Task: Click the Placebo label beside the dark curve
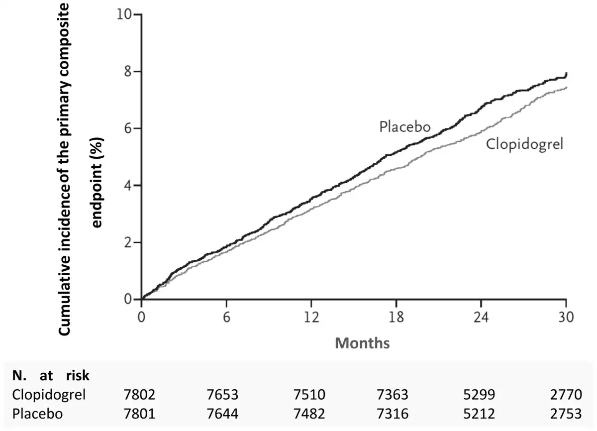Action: [405, 127]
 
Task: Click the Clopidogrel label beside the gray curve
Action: [524, 145]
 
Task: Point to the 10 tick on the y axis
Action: [124, 14]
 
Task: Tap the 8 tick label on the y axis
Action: [128, 72]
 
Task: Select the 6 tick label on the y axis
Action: [128, 128]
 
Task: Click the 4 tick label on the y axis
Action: [128, 186]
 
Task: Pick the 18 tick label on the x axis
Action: [397, 318]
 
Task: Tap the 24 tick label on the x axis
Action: [481, 318]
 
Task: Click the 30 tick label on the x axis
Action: [566, 318]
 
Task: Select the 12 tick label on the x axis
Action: [311, 318]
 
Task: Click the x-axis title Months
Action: [362, 343]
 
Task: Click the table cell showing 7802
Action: [139, 395]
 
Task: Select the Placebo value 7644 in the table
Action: [222, 414]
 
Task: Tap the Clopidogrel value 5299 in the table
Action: [479, 395]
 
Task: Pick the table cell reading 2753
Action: [566, 414]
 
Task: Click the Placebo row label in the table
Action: [38, 414]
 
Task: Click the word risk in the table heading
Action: [78, 376]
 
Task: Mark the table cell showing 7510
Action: [309, 395]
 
